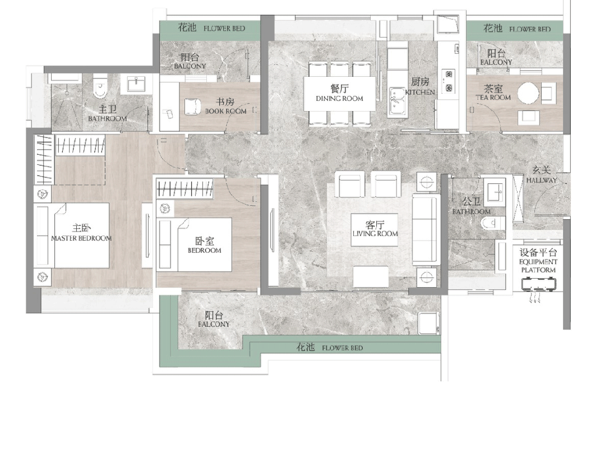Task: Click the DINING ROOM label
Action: coord(340,99)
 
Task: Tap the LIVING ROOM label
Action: coord(375,234)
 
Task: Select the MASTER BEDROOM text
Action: coord(81,238)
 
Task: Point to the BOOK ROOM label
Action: coord(226,112)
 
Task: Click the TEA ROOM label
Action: coord(493,98)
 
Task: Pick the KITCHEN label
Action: coord(420,92)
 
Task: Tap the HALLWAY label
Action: coord(542,180)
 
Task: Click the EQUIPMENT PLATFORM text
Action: coord(538,266)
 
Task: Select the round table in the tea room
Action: coord(528,93)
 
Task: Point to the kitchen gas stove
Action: coord(449,81)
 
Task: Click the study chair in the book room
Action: coord(192,107)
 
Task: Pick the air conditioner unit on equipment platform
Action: coord(538,285)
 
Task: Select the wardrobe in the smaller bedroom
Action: coord(185,189)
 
